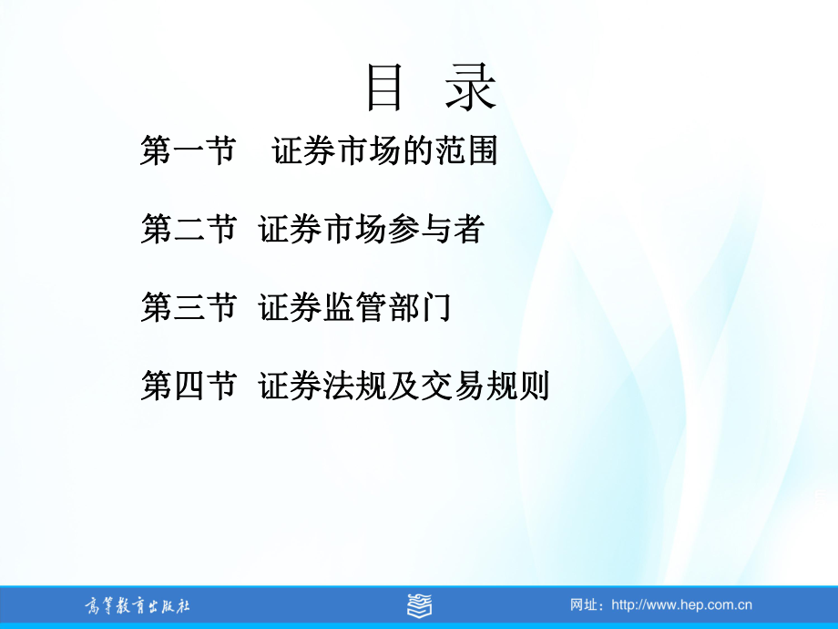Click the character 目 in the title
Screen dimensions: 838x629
[383, 88]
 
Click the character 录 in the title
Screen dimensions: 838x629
[470, 88]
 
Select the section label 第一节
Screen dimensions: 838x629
[189, 150]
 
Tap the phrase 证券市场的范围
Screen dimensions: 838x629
[384, 150]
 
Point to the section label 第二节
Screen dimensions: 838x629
[189, 229]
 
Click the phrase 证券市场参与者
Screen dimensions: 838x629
[372, 229]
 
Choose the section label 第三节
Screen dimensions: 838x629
[189, 307]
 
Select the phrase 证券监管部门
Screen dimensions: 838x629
[355, 307]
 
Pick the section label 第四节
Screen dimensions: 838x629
[189, 386]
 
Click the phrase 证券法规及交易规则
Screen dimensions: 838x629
[404, 386]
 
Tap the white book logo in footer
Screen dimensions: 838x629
[420, 605]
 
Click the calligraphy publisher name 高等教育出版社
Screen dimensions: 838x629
[138, 606]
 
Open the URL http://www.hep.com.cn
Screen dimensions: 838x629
[681, 605]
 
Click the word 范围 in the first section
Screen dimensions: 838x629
[466, 150]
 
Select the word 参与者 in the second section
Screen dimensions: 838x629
[436, 229]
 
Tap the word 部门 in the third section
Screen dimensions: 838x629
[420, 307]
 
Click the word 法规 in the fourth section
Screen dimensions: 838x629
[355, 386]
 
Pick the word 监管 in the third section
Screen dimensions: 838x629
[355, 307]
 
